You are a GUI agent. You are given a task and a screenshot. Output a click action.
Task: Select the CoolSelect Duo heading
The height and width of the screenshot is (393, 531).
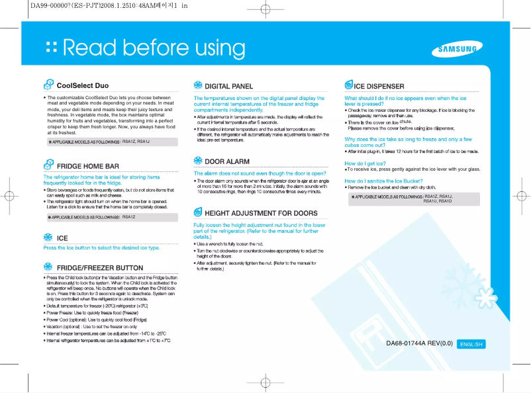tap(83, 85)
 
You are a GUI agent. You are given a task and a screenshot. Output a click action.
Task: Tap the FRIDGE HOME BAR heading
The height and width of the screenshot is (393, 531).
tap(88, 166)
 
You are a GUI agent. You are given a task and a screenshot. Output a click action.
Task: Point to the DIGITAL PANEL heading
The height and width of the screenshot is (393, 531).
tap(228, 86)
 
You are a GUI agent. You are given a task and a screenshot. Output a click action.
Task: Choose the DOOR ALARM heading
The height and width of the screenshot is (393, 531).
tap(227, 161)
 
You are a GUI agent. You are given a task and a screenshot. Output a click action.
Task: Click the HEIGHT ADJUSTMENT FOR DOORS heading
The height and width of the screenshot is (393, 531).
tap(261, 213)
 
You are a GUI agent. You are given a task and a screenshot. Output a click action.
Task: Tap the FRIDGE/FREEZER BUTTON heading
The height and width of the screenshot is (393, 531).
tap(100, 268)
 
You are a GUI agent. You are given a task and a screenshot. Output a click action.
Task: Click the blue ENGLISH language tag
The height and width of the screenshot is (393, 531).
tap(472, 344)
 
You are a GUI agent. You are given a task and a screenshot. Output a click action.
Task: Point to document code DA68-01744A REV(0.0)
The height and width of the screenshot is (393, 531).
tap(419, 343)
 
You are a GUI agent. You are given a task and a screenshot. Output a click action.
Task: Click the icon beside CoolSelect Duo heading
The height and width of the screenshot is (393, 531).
tap(48, 85)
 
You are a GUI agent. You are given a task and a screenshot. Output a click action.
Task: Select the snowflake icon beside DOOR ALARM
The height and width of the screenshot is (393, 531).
tap(198, 161)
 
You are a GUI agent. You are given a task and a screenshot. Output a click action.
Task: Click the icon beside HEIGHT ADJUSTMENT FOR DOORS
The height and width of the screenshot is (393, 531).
tap(198, 212)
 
